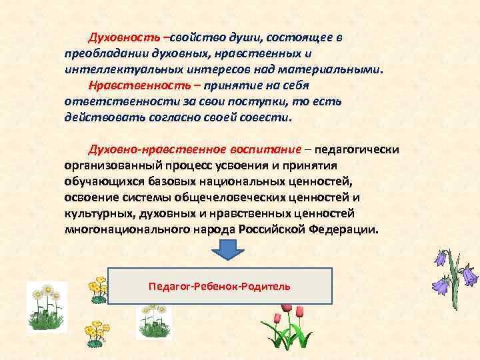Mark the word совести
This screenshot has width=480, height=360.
[x=270, y=117]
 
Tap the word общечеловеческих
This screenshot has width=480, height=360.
[x=227, y=197]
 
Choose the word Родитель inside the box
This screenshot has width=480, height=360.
[x=269, y=286]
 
